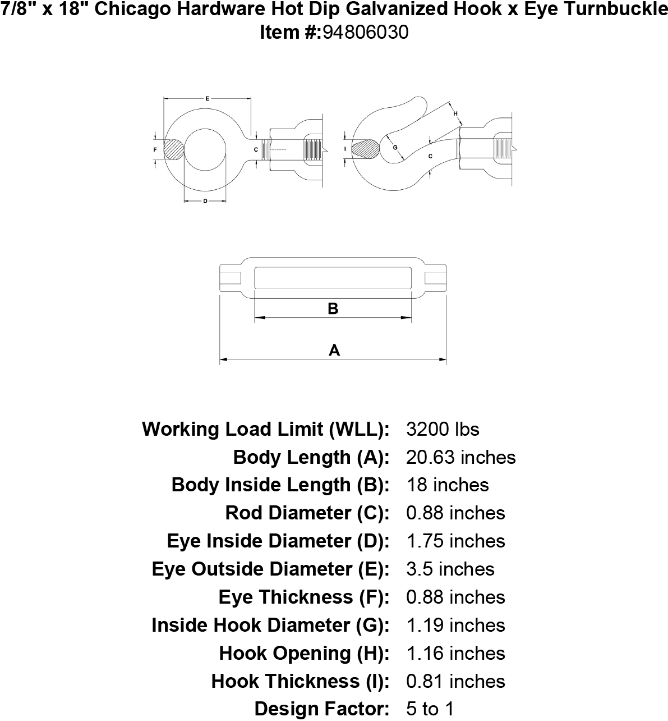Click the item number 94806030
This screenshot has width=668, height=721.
coord(365,33)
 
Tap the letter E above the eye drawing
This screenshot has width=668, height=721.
coord(207,98)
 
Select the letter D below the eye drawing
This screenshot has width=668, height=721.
coord(205,201)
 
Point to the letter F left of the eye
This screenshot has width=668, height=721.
coord(155,149)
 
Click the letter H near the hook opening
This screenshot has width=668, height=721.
coord(455,113)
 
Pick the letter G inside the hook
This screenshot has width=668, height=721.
coord(395,147)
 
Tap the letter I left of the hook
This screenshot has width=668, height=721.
coord(345,149)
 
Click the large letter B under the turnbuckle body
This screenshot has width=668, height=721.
coord(333,309)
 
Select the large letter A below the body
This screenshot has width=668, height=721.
coord(334,350)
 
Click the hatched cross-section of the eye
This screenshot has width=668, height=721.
coord(174,149)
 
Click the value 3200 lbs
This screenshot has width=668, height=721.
coord(443,429)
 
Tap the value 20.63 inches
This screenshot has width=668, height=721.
coord(460,457)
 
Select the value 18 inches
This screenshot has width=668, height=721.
coord(448,485)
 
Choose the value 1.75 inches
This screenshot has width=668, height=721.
coord(455,541)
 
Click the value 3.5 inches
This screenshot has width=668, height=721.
coord(450,569)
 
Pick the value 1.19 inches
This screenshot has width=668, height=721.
coord(455,625)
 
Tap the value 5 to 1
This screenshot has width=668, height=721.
coord(430,709)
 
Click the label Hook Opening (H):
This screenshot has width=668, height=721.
coord(304,654)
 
